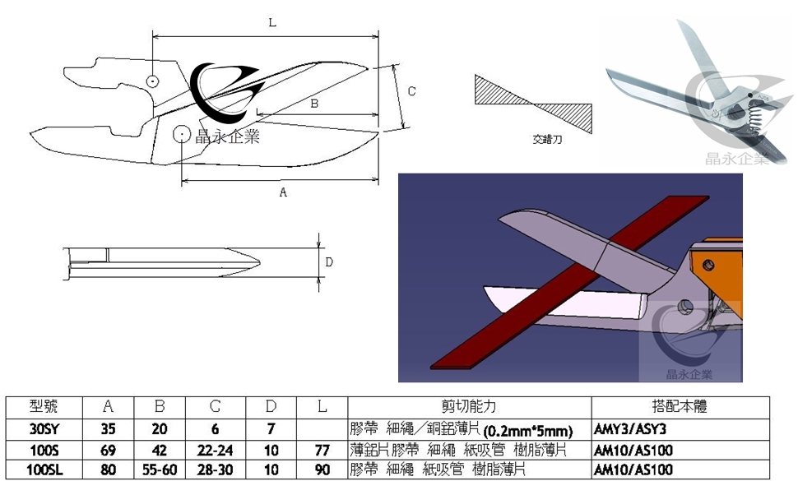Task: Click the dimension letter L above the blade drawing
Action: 272,22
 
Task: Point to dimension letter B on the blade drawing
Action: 314,104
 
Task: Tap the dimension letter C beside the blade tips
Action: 411,91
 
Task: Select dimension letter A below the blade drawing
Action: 283,192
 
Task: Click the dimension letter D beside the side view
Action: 329,261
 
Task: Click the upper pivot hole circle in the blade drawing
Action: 151,81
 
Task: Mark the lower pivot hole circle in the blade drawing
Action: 182,134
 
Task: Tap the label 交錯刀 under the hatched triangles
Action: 547,139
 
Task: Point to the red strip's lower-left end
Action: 433,366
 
